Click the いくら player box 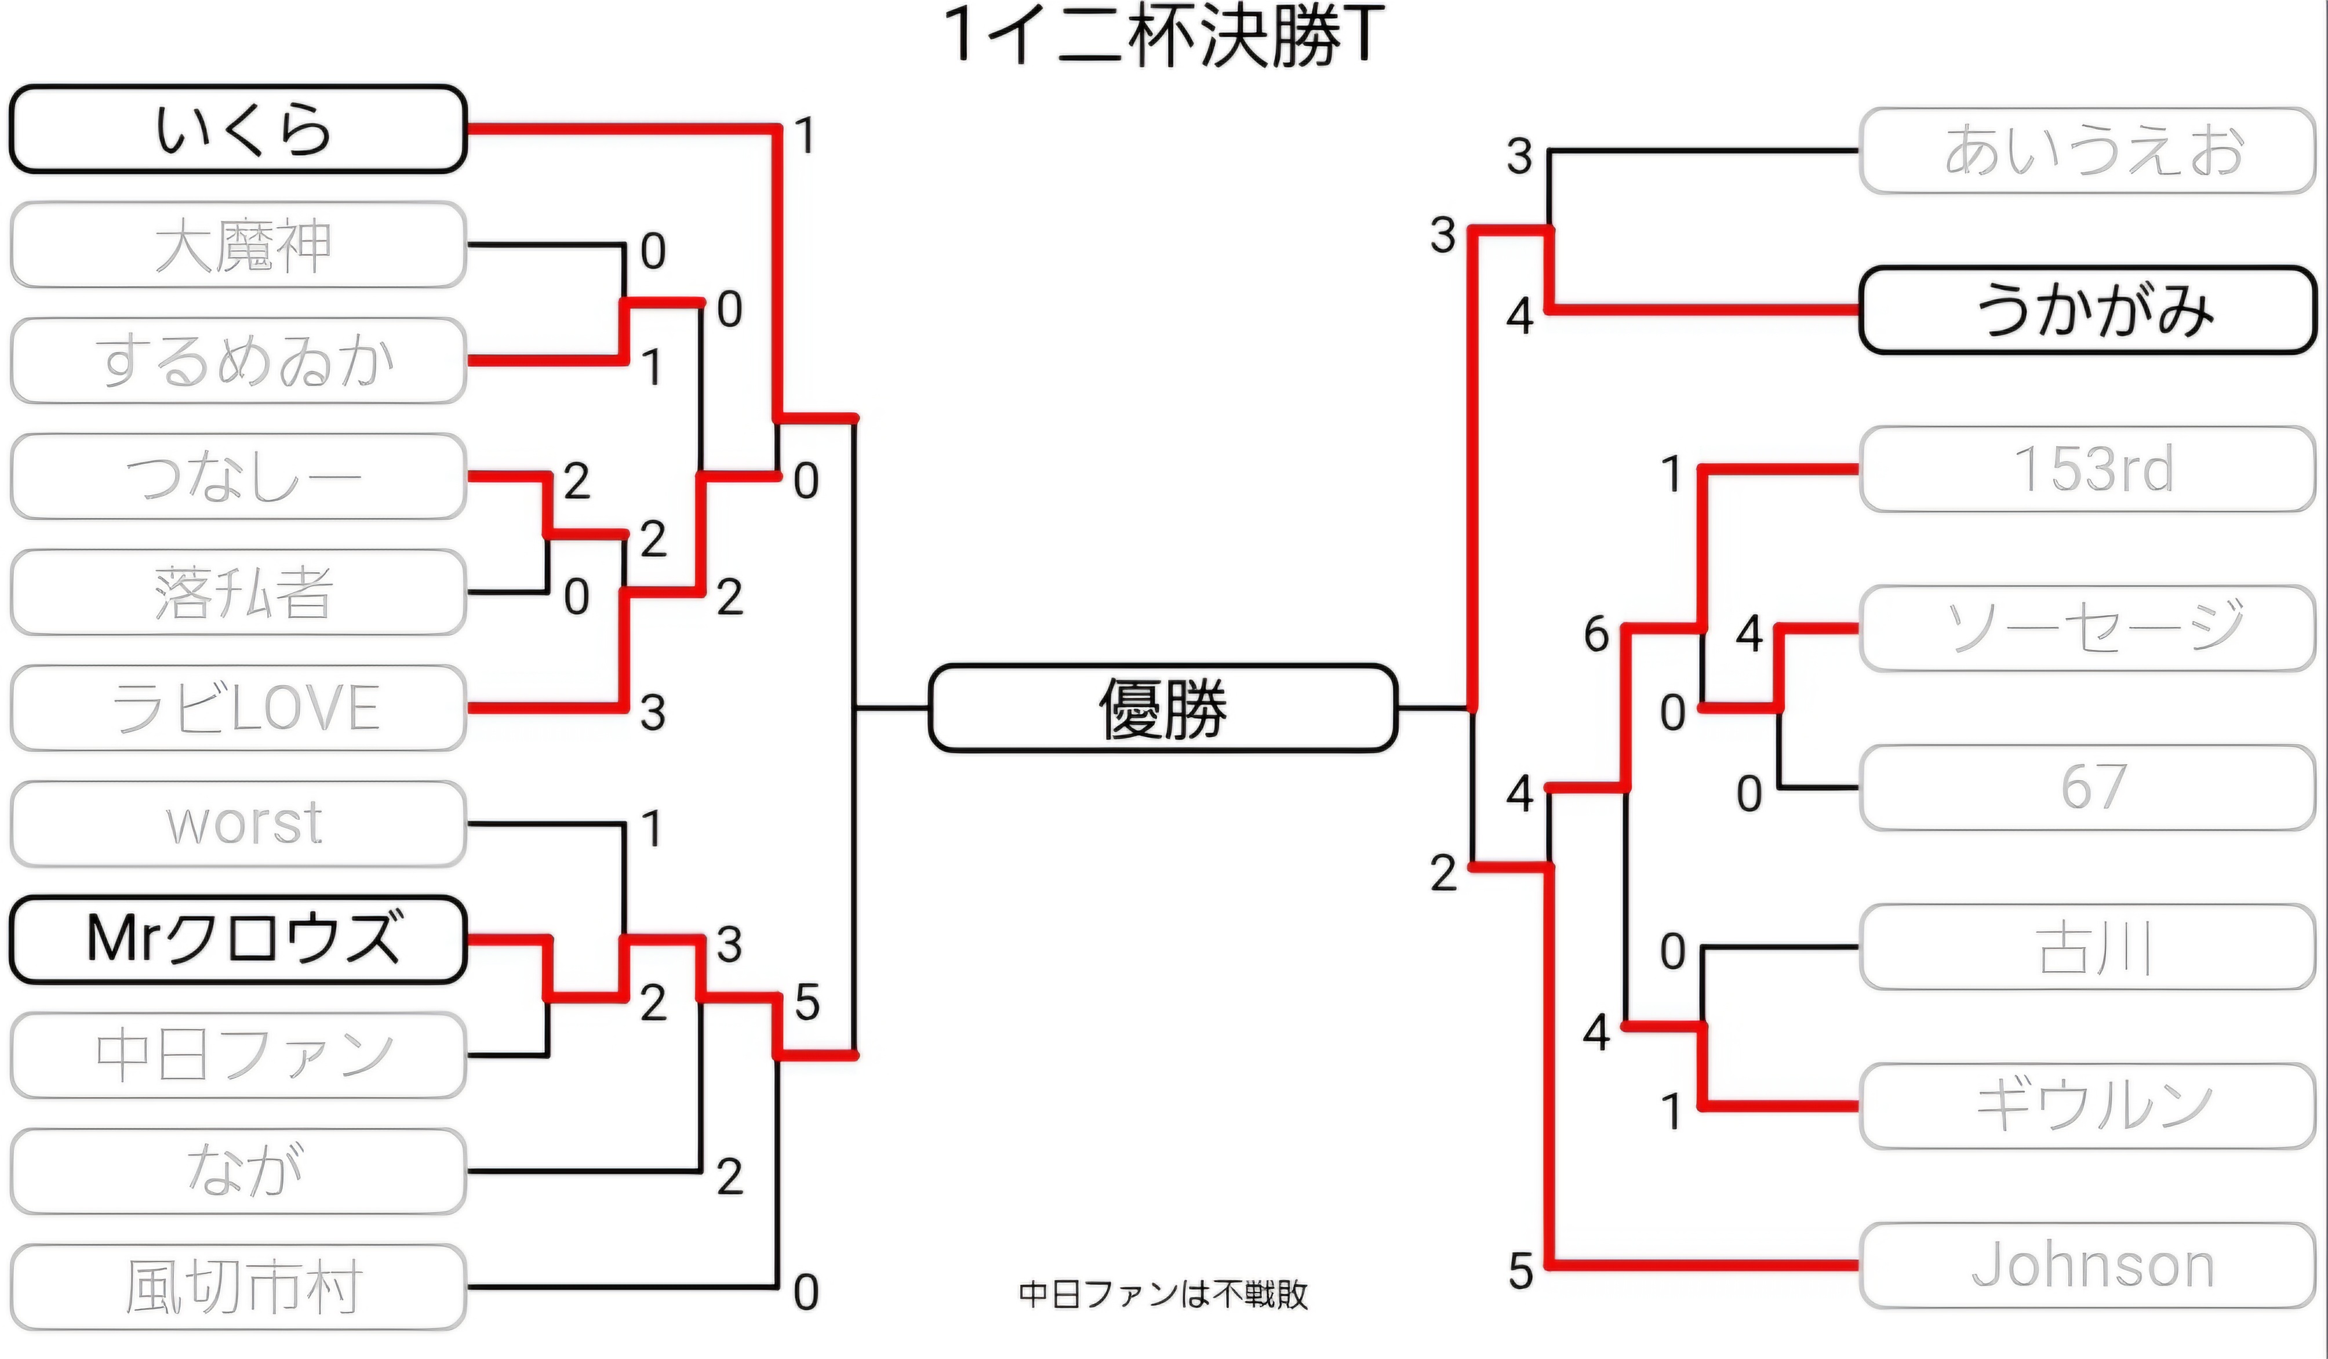(238, 129)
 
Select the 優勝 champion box (1163, 708)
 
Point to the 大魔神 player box (238, 245)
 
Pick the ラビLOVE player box (238, 708)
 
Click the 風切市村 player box (238, 1287)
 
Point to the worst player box (238, 824)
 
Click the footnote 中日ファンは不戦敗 (1163, 1294)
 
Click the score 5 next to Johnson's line (1521, 1271)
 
